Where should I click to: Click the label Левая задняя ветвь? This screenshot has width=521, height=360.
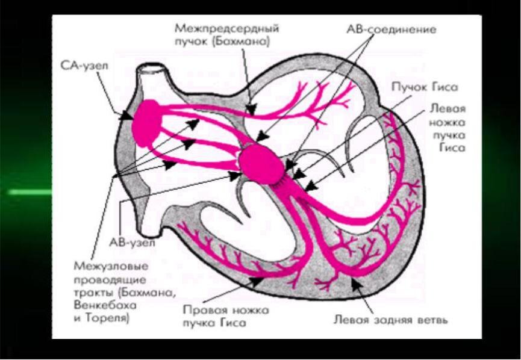point(390,320)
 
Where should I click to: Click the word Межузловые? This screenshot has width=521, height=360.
point(104,265)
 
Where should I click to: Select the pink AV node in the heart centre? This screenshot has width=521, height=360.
point(260,163)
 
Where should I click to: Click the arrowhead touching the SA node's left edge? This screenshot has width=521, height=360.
point(127,116)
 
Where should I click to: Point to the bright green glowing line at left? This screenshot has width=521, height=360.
point(27,192)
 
